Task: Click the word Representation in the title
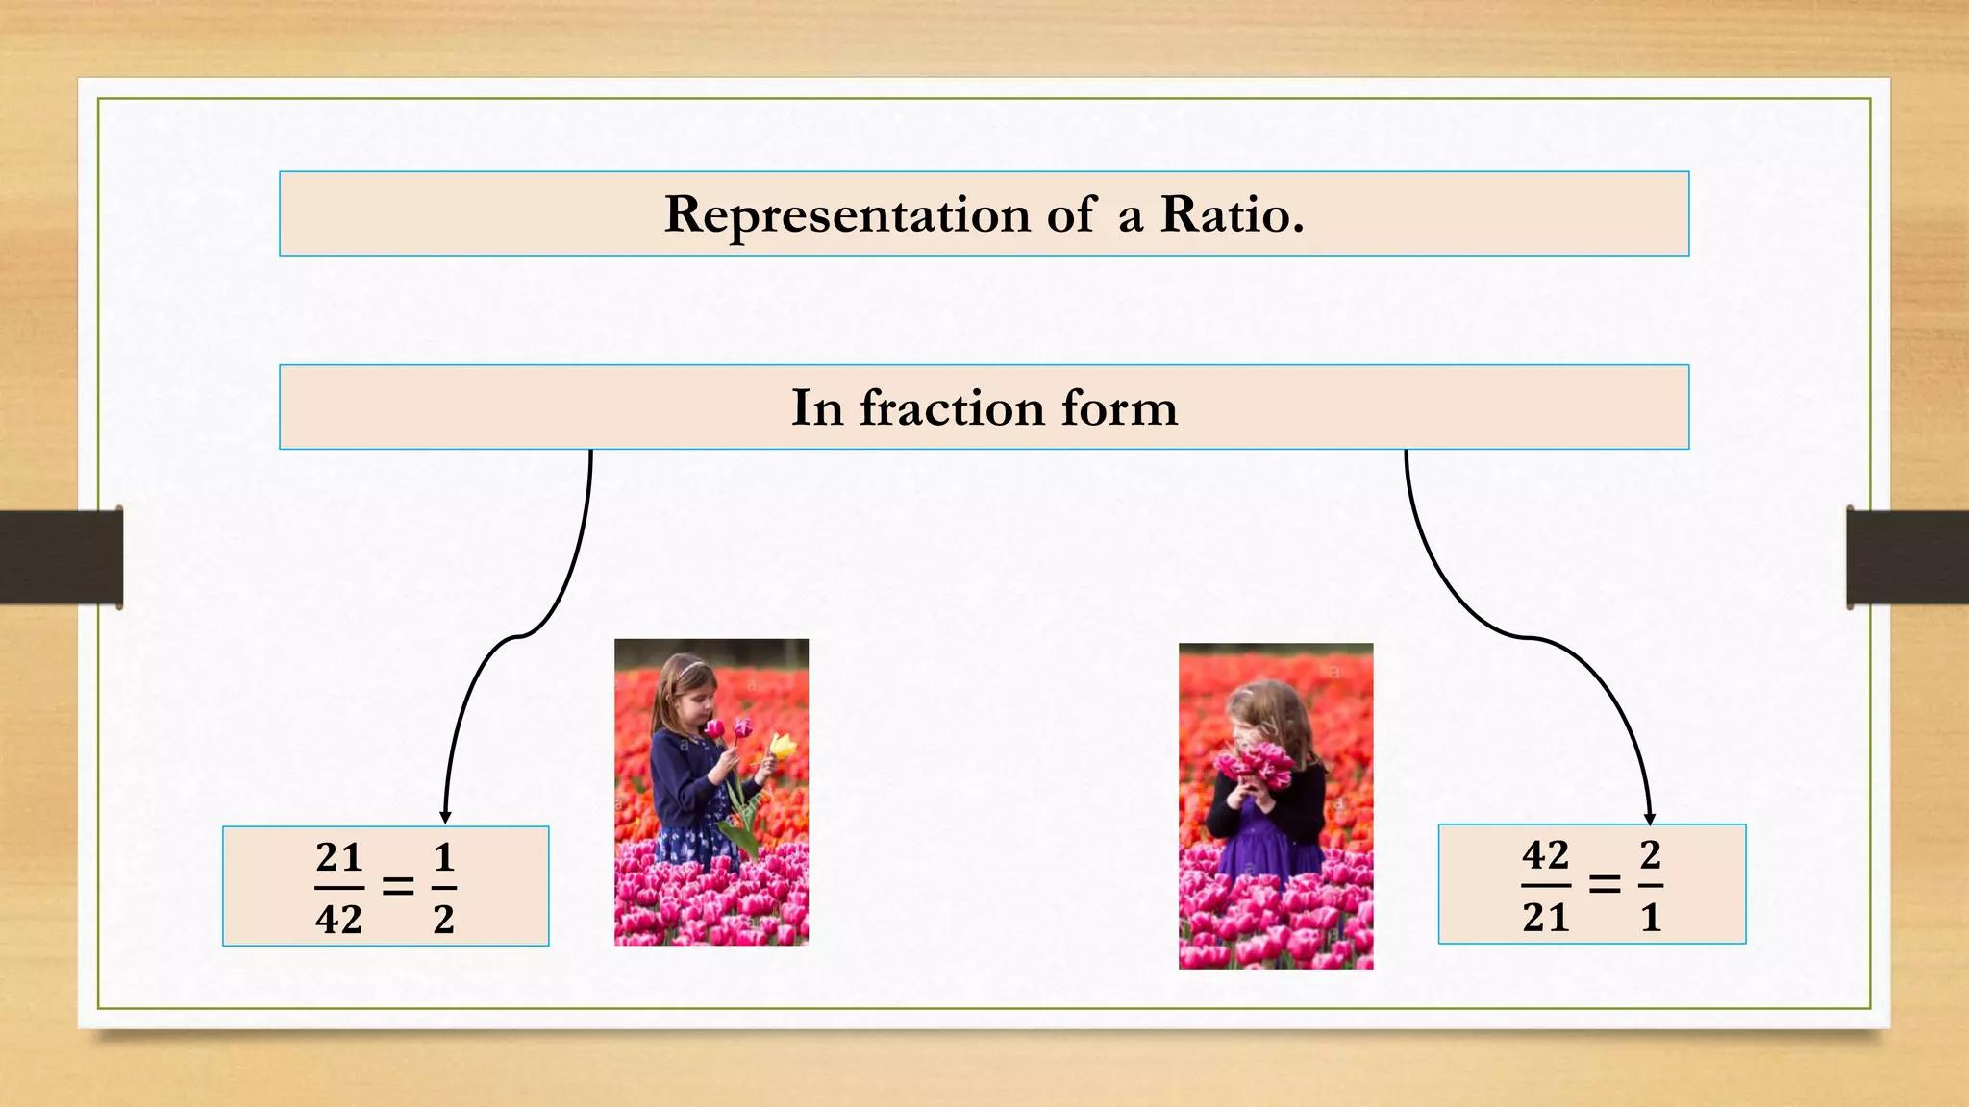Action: (x=846, y=214)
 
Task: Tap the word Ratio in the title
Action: (x=1231, y=214)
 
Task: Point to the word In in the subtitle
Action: (x=816, y=407)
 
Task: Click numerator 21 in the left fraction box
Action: (x=338, y=856)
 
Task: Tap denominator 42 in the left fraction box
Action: (x=338, y=920)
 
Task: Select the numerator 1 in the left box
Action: (x=443, y=856)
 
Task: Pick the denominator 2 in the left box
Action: (x=443, y=920)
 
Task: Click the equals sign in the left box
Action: (x=398, y=886)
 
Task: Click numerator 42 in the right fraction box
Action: (x=1545, y=854)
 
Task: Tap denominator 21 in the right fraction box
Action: (x=1545, y=918)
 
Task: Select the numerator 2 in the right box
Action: (x=1651, y=854)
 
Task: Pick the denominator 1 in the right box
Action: (x=1651, y=918)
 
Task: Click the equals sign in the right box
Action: (x=1604, y=884)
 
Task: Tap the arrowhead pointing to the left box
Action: (x=445, y=817)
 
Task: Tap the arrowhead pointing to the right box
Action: (x=1650, y=818)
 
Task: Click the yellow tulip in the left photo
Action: (x=784, y=746)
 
